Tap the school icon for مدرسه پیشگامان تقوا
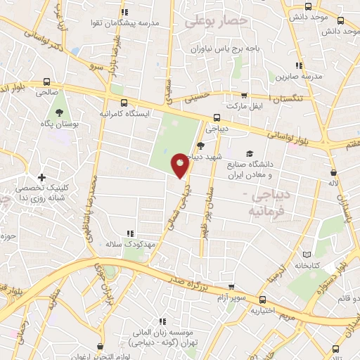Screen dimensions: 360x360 (x=124, y=12)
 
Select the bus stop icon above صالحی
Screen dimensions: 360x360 (x=47, y=81)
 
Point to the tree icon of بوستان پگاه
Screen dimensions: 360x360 (x=58, y=112)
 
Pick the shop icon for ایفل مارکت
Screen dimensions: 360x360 (x=244, y=95)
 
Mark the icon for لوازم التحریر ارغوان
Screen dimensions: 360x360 (x=101, y=347)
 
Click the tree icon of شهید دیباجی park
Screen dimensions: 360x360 (x=201, y=146)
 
